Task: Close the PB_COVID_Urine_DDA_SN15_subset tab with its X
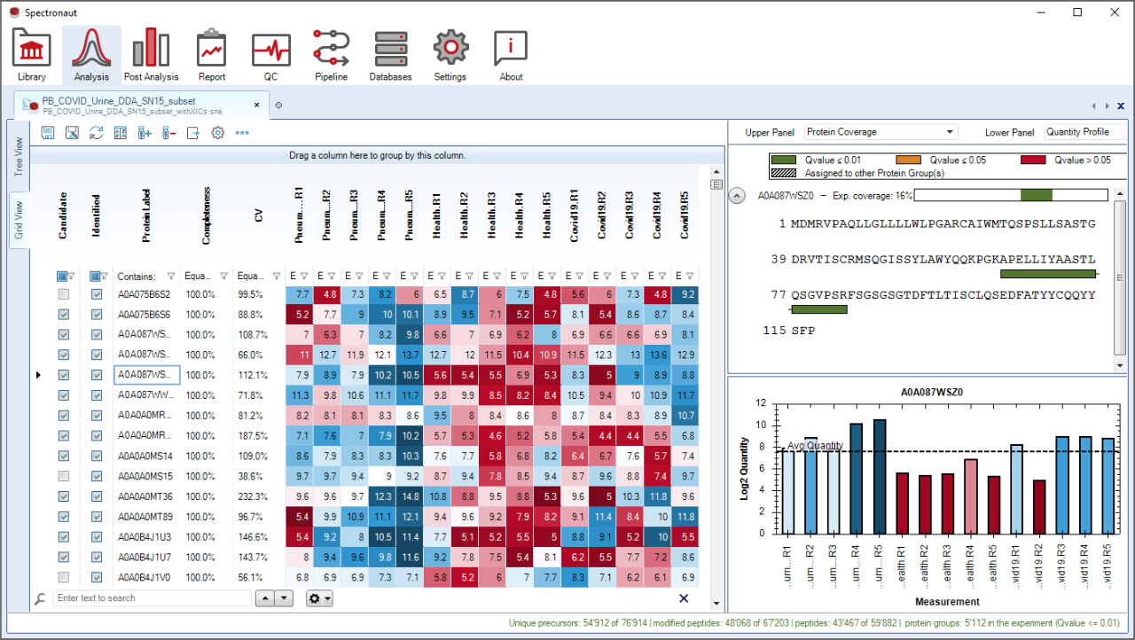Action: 257,105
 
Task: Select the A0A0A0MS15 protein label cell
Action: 146,476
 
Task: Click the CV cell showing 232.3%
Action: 254,496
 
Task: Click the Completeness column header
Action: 206,215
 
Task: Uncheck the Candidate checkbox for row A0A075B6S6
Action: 64,314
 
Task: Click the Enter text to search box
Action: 153,598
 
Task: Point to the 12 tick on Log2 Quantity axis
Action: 760,402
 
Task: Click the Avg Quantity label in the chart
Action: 816,445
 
